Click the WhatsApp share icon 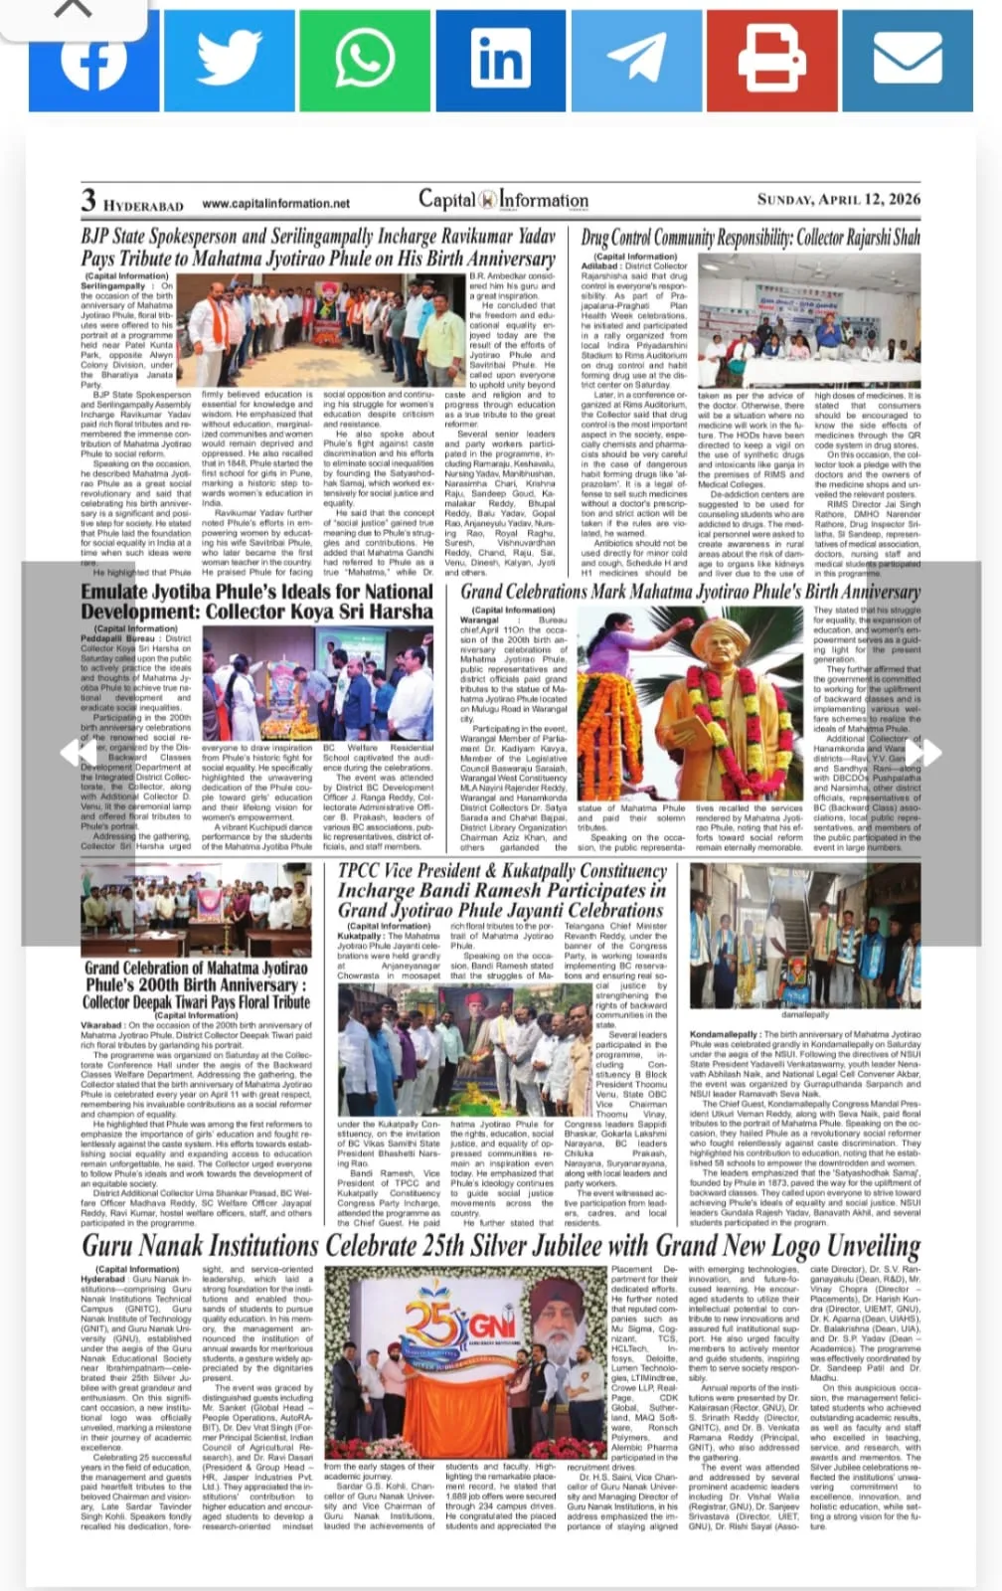pos(364,59)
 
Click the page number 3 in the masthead pos(88,200)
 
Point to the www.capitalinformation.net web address pos(275,204)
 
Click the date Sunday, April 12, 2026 pos(838,199)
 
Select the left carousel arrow pos(70,753)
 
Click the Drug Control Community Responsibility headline pos(751,238)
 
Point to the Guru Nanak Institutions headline pos(501,1245)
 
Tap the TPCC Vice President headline pos(502,890)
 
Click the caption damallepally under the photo pos(804,1015)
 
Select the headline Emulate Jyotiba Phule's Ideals pos(256,602)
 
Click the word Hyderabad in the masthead pos(143,206)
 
